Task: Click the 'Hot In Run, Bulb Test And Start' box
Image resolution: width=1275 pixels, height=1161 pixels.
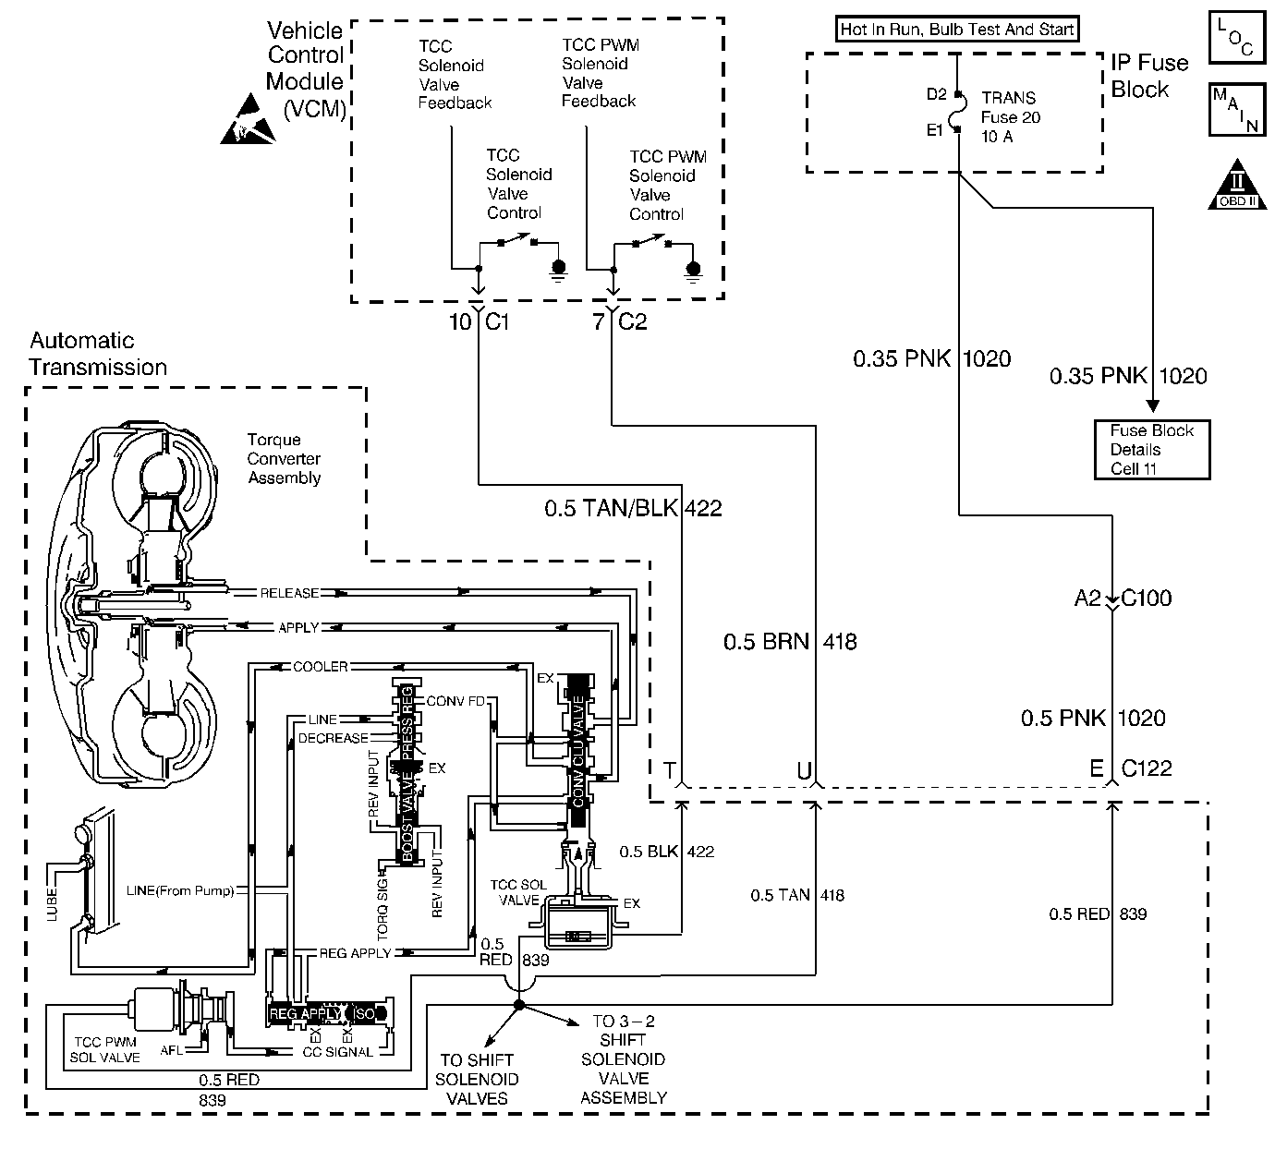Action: coord(956,30)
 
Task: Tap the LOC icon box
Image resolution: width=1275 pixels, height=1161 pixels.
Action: coord(1237,37)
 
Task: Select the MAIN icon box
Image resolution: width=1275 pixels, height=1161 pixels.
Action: coord(1237,110)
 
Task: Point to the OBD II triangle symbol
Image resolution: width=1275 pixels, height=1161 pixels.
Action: coord(1237,185)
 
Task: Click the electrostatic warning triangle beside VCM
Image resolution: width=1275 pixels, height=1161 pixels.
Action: coord(249,119)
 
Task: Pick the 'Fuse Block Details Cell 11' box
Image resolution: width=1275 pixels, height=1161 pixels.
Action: coord(1152,449)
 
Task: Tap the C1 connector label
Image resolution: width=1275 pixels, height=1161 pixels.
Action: coord(497,321)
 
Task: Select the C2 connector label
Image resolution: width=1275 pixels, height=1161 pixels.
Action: coord(632,321)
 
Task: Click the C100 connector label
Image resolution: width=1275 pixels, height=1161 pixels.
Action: coord(1146,598)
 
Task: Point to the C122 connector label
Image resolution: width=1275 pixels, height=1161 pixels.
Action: coord(1147,768)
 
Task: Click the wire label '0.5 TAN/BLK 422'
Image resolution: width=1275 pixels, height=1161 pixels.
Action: coord(633,508)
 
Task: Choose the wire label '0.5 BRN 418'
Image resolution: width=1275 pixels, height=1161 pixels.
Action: coord(790,642)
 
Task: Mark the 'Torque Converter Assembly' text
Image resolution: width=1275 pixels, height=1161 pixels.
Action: coord(285,459)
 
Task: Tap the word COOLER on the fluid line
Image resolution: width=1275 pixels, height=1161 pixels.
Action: coord(320,667)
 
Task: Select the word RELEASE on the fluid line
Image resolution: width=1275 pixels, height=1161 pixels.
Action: coord(289,593)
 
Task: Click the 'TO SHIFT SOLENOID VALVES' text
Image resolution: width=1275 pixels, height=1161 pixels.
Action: coord(477,1079)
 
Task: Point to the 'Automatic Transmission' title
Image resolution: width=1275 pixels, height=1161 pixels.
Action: coord(98,354)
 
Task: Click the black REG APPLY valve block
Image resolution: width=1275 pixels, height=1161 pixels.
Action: coord(328,1013)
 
